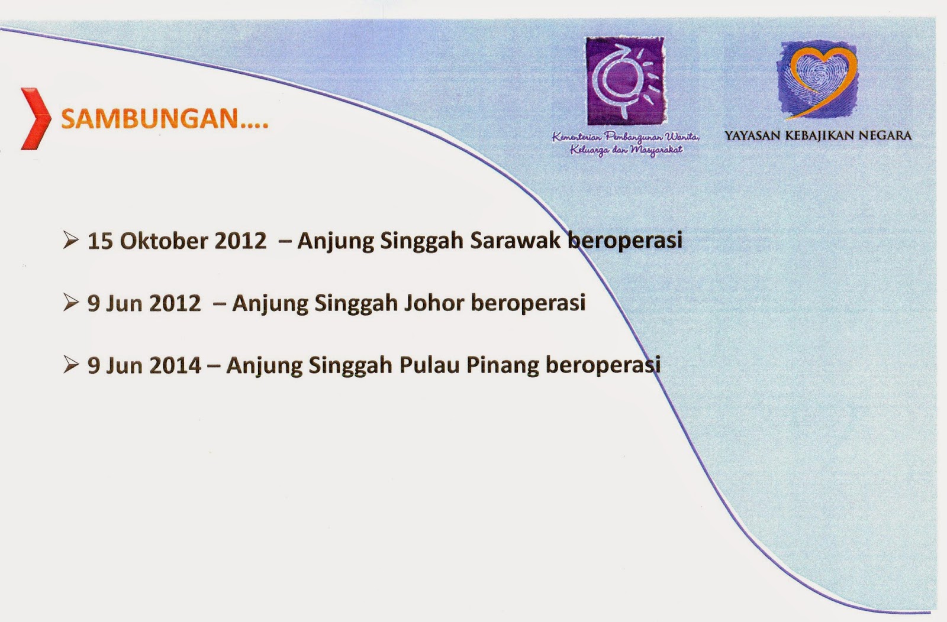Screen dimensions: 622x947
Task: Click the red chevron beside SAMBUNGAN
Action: click(x=36, y=118)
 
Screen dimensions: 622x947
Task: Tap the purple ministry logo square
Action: click(x=624, y=81)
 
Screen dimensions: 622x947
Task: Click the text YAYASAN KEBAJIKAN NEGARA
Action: click(x=818, y=135)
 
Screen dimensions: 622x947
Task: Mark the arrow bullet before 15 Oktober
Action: click(x=70, y=240)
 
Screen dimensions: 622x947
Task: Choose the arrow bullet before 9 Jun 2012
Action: click(x=70, y=302)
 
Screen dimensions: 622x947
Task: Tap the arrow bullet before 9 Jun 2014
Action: click(x=70, y=365)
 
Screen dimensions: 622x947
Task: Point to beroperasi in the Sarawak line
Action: click(x=625, y=240)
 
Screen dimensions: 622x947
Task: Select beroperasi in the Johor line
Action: click(x=528, y=303)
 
